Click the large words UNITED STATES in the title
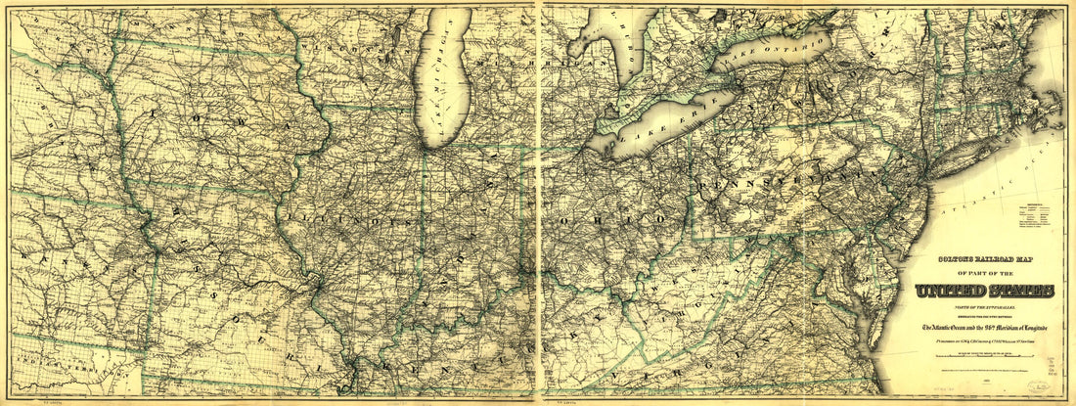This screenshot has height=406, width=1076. click(x=985, y=291)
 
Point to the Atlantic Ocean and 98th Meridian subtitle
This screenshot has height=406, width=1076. click(x=985, y=327)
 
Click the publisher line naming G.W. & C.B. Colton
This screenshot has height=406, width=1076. click(x=985, y=341)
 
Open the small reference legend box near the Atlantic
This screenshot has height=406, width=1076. click(x=1040, y=217)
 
